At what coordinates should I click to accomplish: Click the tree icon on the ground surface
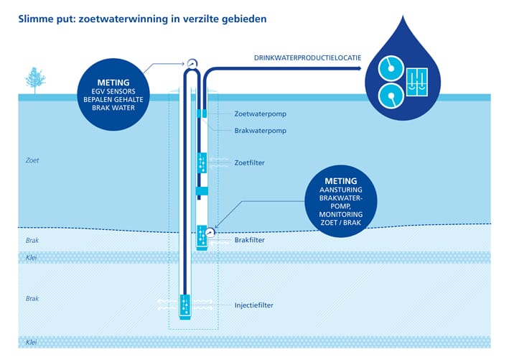click(x=35, y=80)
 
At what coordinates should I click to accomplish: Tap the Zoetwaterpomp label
click(x=261, y=114)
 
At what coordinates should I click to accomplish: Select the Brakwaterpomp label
click(x=261, y=131)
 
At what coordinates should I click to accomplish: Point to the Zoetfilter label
click(x=249, y=163)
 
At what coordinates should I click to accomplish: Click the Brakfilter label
click(x=249, y=240)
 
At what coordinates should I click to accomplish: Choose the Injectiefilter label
click(x=254, y=305)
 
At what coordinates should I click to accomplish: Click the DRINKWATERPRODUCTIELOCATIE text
click(x=307, y=58)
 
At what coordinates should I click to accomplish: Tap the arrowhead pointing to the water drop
click(x=359, y=68)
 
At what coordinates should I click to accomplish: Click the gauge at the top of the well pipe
click(x=192, y=63)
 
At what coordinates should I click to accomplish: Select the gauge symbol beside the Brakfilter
click(x=210, y=232)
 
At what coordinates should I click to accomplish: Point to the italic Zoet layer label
click(x=32, y=160)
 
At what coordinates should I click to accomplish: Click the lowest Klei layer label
click(x=31, y=342)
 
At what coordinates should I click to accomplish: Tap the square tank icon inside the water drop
click(x=417, y=82)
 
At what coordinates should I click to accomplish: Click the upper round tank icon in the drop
click(x=391, y=68)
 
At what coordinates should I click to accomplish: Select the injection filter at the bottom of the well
click(x=185, y=306)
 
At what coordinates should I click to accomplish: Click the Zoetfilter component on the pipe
click(x=202, y=163)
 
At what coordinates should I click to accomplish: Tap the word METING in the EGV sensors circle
click(x=113, y=83)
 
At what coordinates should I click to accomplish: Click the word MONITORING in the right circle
click(x=340, y=214)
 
